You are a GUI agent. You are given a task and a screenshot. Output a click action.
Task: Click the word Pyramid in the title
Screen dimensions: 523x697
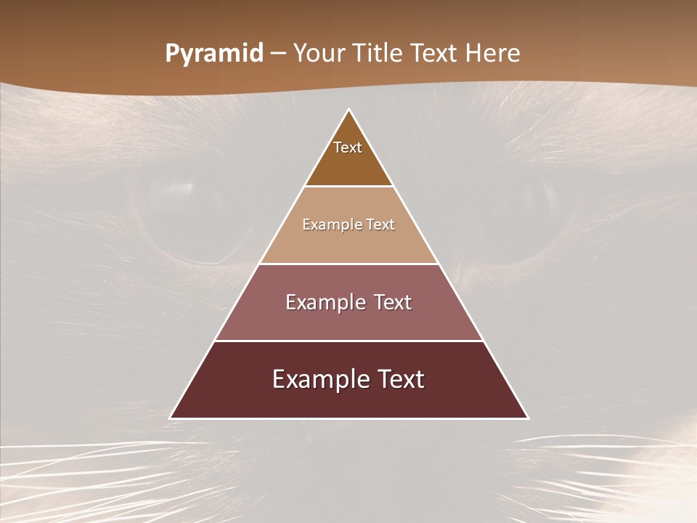[x=214, y=54]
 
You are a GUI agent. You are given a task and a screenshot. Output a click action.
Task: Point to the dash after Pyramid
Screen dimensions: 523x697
[x=278, y=54]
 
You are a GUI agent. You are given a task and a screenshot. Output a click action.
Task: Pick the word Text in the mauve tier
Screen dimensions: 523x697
[x=391, y=302]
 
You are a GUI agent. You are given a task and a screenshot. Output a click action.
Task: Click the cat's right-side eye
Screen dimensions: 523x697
[x=523, y=218]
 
